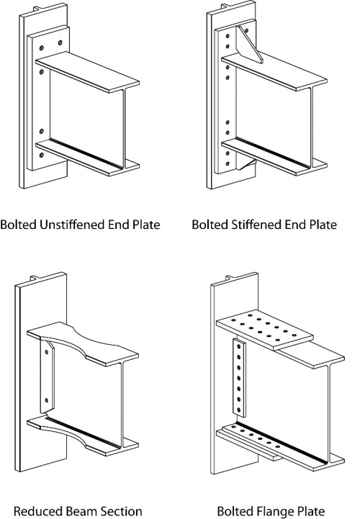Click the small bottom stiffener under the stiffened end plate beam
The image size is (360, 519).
click(x=247, y=165)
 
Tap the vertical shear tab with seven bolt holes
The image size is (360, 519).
click(x=240, y=377)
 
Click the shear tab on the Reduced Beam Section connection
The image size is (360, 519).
click(x=47, y=376)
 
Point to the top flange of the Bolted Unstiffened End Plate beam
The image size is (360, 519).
click(x=87, y=73)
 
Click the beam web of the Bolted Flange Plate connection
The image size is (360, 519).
click(x=288, y=407)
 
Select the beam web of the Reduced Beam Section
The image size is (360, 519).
click(x=87, y=397)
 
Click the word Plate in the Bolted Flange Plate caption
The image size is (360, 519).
click(x=311, y=511)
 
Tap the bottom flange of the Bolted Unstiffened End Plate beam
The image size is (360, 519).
click(x=87, y=158)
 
